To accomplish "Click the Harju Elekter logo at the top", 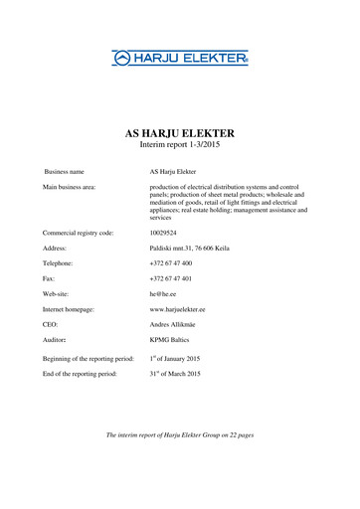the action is pyautogui.click(x=179, y=59).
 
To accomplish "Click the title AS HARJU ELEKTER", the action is pyautogui.click(x=179, y=132).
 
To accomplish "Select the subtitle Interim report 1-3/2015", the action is pyautogui.click(x=179, y=145).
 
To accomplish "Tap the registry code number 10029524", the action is pyautogui.click(x=165, y=232).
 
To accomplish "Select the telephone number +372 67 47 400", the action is pyautogui.click(x=171, y=262).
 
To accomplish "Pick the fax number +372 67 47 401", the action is pyautogui.click(x=171, y=279).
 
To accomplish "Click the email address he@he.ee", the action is pyautogui.click(x=161, y=295).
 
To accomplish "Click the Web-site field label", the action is pyautogui.click(x=56, y=295).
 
